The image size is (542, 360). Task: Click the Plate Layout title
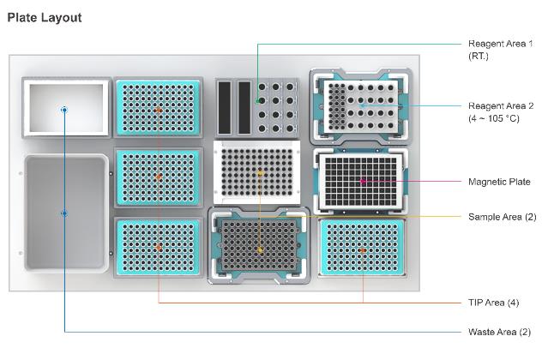click(x=45, y=18)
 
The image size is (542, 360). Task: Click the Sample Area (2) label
click(x=501, y=216)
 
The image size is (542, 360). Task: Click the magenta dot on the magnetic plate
click(x=363, y=181)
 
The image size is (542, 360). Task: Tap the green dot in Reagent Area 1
click(x=258, y=101)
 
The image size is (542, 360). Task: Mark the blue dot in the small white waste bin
click(x=63, y=109)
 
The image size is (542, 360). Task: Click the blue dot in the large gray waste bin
click(x=63, y=212)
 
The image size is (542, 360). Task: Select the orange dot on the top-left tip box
click(x=159, y=110)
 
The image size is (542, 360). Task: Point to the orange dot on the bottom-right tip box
click(x=363, y=249)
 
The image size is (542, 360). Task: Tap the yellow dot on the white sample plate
click(x=261, y=173)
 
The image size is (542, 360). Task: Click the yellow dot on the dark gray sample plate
click(x=261, y=249)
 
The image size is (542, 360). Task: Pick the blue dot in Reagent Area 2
click(x=362, y=105)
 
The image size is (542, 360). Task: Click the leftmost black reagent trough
click(x=226, y=107)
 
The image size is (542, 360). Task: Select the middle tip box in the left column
click(x=159, y=177)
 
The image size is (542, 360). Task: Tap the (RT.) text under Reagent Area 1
click(x=478, y=57)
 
